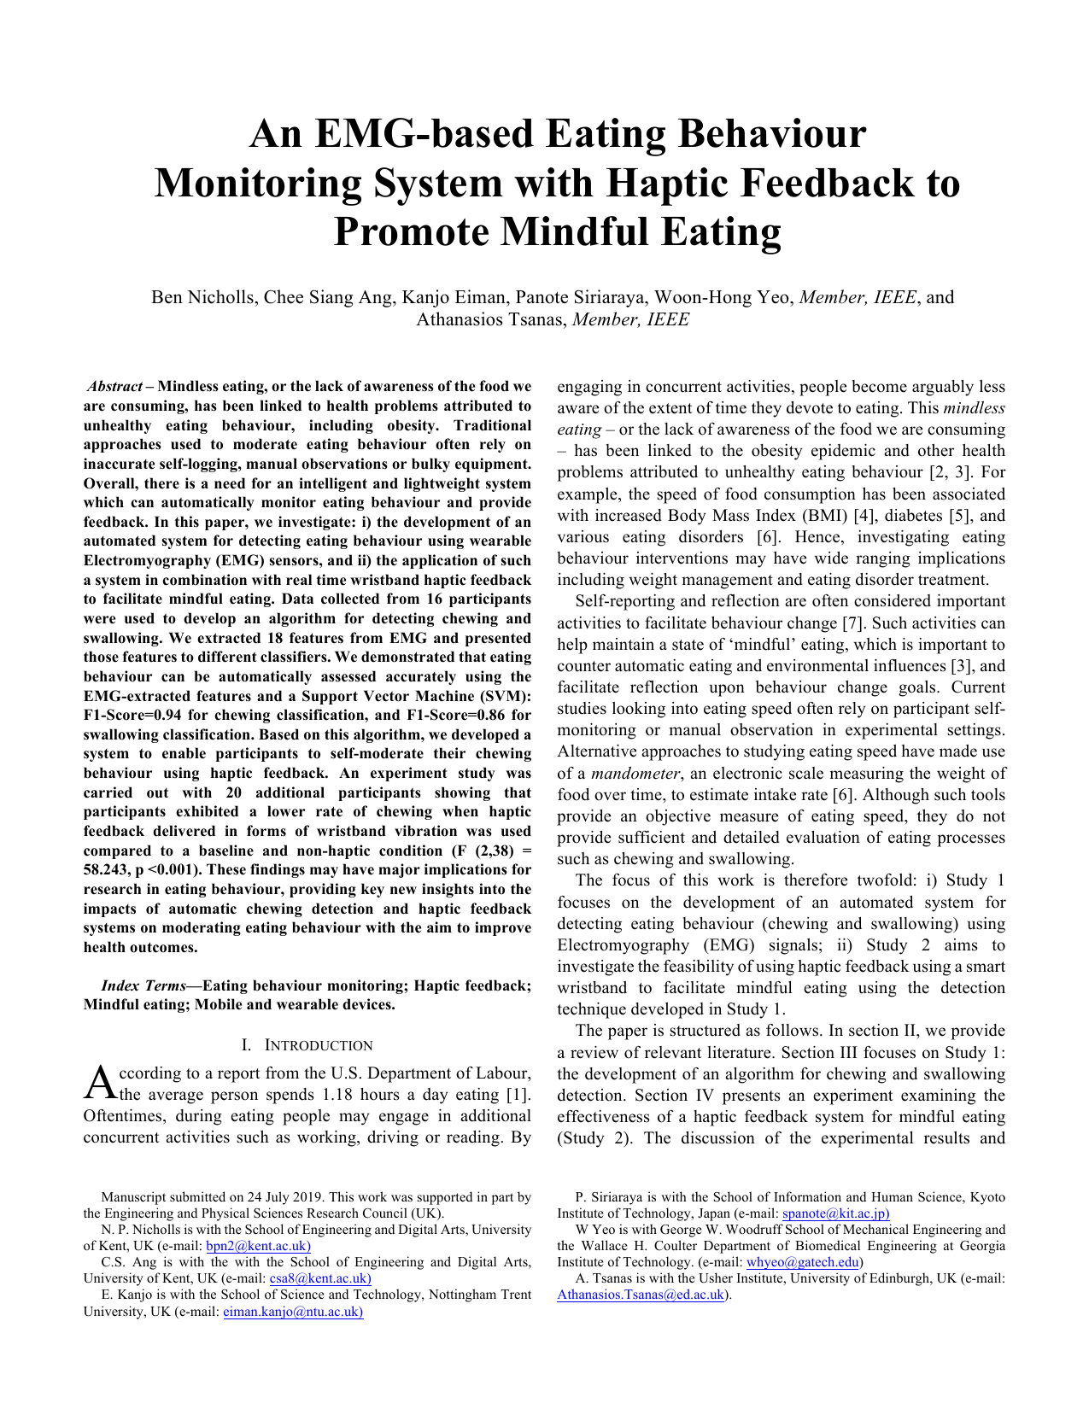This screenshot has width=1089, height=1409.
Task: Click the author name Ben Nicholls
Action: coord(203,297)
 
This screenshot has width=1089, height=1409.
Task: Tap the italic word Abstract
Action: coord(114,387)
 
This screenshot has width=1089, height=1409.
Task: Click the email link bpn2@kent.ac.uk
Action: coord(258,1246)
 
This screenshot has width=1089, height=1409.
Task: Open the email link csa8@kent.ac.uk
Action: coord(319,1278)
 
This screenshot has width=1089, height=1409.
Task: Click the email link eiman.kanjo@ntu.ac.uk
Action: coord(293,1312)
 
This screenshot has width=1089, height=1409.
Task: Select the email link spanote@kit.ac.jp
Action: coord(835,1213)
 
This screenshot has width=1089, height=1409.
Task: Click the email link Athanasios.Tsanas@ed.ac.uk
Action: coord(641,1295)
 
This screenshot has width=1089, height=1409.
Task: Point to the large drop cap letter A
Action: coord(100,1084)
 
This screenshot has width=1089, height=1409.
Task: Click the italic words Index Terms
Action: coord(143,985)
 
